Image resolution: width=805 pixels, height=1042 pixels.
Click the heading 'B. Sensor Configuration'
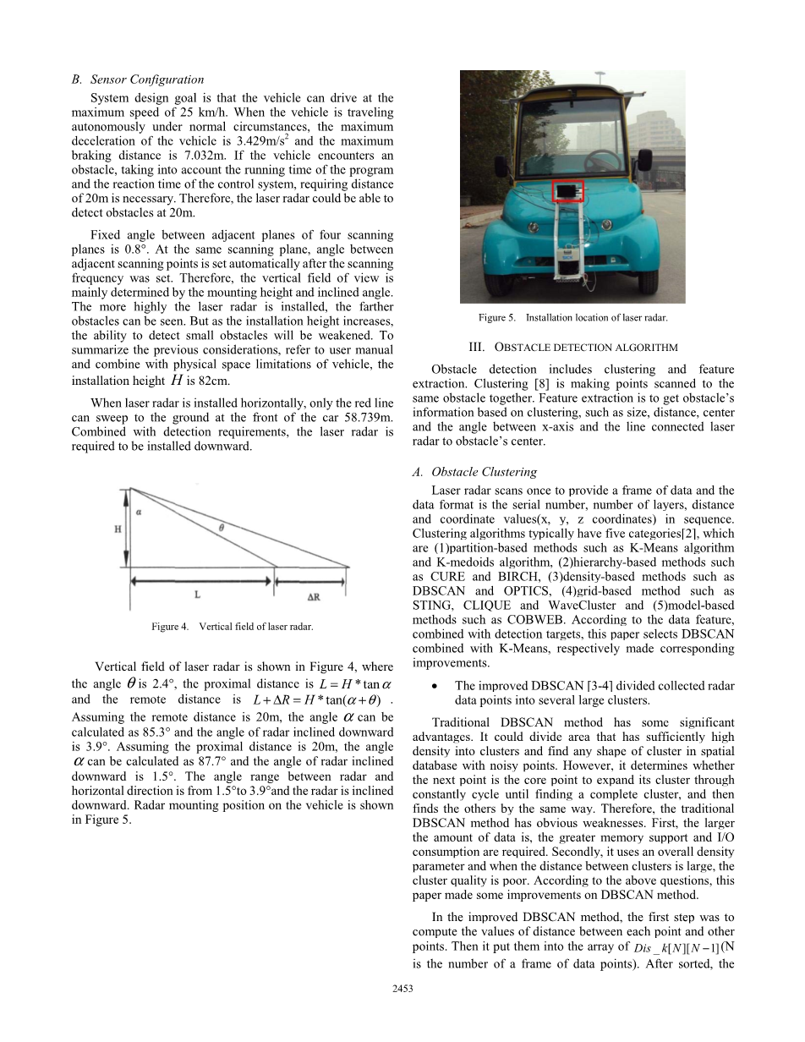click(x=137, y=80)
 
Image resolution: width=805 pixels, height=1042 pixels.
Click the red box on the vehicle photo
click(x=568, y=191)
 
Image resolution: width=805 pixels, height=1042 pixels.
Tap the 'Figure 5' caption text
click(x=572, y=318)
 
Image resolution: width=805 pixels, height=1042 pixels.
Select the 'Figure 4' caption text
click(x=232, y=627)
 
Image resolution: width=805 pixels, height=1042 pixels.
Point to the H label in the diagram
click(x=118, y=529)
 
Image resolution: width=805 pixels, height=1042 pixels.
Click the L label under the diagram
click(x=197, y=595)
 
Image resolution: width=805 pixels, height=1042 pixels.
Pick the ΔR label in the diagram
click(x=313, y=595)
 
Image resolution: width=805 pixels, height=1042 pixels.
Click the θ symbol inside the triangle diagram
click(x=221, y=527)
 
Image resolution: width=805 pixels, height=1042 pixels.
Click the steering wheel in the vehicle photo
click(x=600, y=156)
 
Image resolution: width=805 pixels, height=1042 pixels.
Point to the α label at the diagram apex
click(x=140, y=510)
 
